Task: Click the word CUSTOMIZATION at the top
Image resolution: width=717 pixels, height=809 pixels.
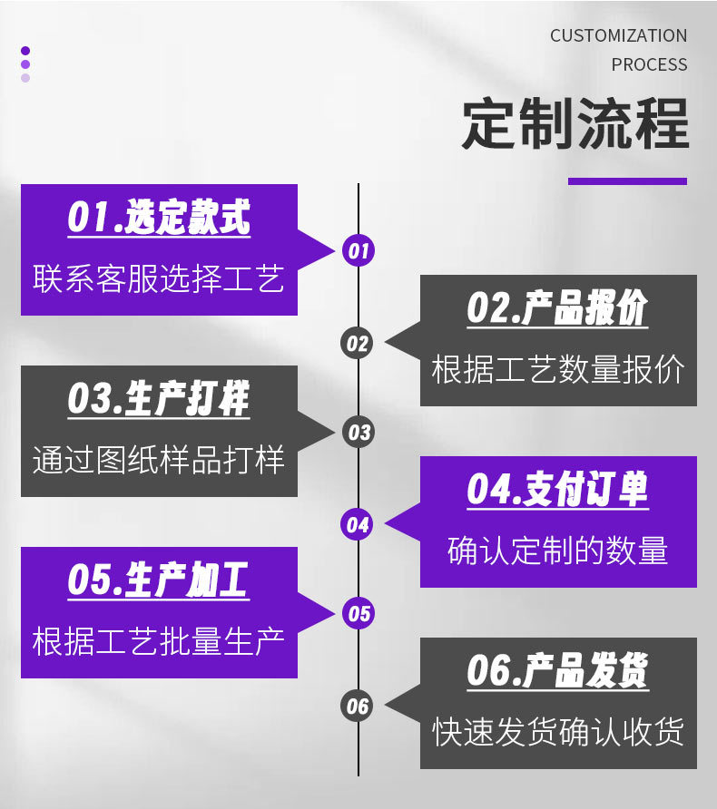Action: [618, 36]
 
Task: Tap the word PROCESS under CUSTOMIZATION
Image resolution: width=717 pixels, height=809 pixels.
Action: [649, 65]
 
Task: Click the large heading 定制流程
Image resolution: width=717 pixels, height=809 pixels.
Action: [575, 124]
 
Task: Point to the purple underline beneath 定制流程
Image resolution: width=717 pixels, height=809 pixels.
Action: [627, 181]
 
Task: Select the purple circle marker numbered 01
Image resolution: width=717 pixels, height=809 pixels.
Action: [358, 251]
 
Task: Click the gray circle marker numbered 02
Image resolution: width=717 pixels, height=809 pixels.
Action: [358, 343]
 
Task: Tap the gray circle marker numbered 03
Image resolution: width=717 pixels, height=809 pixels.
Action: [358, 433]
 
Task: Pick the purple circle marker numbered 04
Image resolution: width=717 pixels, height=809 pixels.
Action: [358, 524]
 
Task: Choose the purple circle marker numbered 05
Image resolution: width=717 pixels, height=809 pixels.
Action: [358, 614]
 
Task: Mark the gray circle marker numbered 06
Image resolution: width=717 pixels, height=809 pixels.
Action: [358, 706]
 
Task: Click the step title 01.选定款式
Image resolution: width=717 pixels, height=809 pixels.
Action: [159, 218]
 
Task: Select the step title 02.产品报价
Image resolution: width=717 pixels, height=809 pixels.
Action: [557, 308]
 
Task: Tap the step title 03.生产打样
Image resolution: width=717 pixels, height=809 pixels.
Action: [159, 399]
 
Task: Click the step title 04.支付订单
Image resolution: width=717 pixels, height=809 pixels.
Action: [557, 490]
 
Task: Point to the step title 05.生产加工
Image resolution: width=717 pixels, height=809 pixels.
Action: [159, 580]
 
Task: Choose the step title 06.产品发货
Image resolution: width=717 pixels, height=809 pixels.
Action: [557, 671]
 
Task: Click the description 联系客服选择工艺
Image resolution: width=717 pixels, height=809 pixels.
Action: [159, 278]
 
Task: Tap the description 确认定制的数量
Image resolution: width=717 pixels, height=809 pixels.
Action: [558, 551]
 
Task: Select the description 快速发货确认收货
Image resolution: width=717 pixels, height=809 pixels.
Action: [558, 732]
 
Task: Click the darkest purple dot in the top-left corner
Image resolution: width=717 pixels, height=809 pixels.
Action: [25, 51]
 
